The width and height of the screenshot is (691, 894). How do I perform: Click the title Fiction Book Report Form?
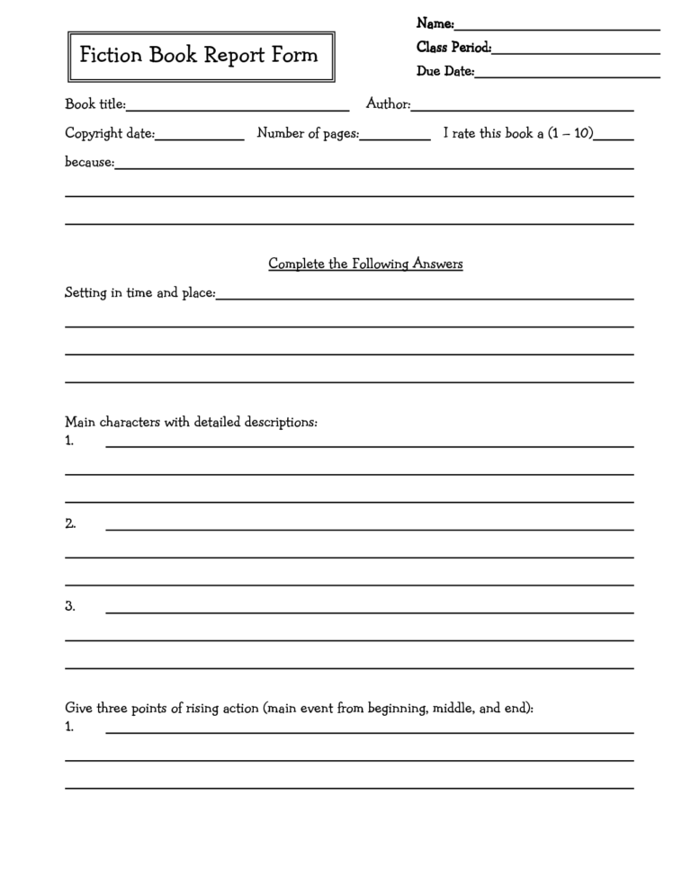pyautogui.click(x=199, y=56)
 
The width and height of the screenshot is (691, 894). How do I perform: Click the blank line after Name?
pyautogui.click(x=557, y=28)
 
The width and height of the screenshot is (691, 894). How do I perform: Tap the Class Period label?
pyautogui.click(x=453, y=48)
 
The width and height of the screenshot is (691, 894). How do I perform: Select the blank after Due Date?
pyautogui.click(x=567, y=76)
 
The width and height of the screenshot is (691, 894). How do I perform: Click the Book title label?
pyautogui.click(x=94, y=105)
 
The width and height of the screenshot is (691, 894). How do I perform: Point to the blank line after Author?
pyautogui.click(x=522, y=109)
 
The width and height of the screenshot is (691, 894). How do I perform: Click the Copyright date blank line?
pyautogui.click(x=200, y=138)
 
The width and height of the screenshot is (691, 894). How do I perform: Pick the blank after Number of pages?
pyautogui.click(x=395, y=138)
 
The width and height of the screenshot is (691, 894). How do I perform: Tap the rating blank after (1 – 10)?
pyautogui.click(x=615, y=138)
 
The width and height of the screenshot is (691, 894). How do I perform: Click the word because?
pyautogui.click(x=89, y=163)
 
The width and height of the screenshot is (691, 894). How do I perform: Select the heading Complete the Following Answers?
pyautogui.click(x=365, y=264)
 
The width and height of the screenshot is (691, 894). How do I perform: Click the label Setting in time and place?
pyautogui.click(x=139, y=293)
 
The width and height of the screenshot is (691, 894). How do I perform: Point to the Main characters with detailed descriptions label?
pyautogui.click(x=191, y=422)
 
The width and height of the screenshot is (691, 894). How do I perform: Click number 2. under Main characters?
pyautogui.click(x=70, y=523)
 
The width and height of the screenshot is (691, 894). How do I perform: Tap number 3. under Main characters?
pyautogui.click(x=70, y=606)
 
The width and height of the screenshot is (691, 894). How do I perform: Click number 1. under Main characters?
pyautogui.click(x=69, y=441)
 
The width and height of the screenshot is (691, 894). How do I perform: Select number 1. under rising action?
pyautogui.click(x=69, y=727)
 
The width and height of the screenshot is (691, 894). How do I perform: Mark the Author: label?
pyautogui.click(x=388, y=105)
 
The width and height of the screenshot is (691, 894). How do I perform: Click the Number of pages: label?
pyautogui.click(x=308, y=134)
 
